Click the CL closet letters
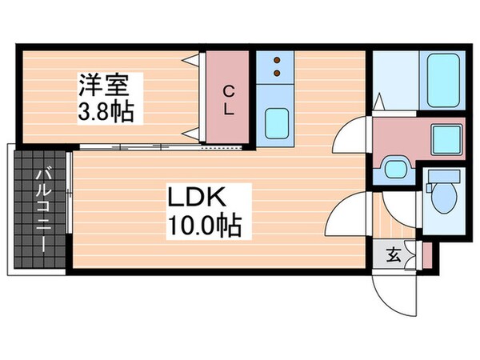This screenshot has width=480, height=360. (229, 100)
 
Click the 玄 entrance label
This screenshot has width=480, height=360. (394, 256)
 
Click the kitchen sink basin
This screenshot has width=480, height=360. (276, 122)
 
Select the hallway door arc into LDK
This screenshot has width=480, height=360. (350, 214)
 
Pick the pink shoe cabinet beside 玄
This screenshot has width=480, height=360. (427, 256)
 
